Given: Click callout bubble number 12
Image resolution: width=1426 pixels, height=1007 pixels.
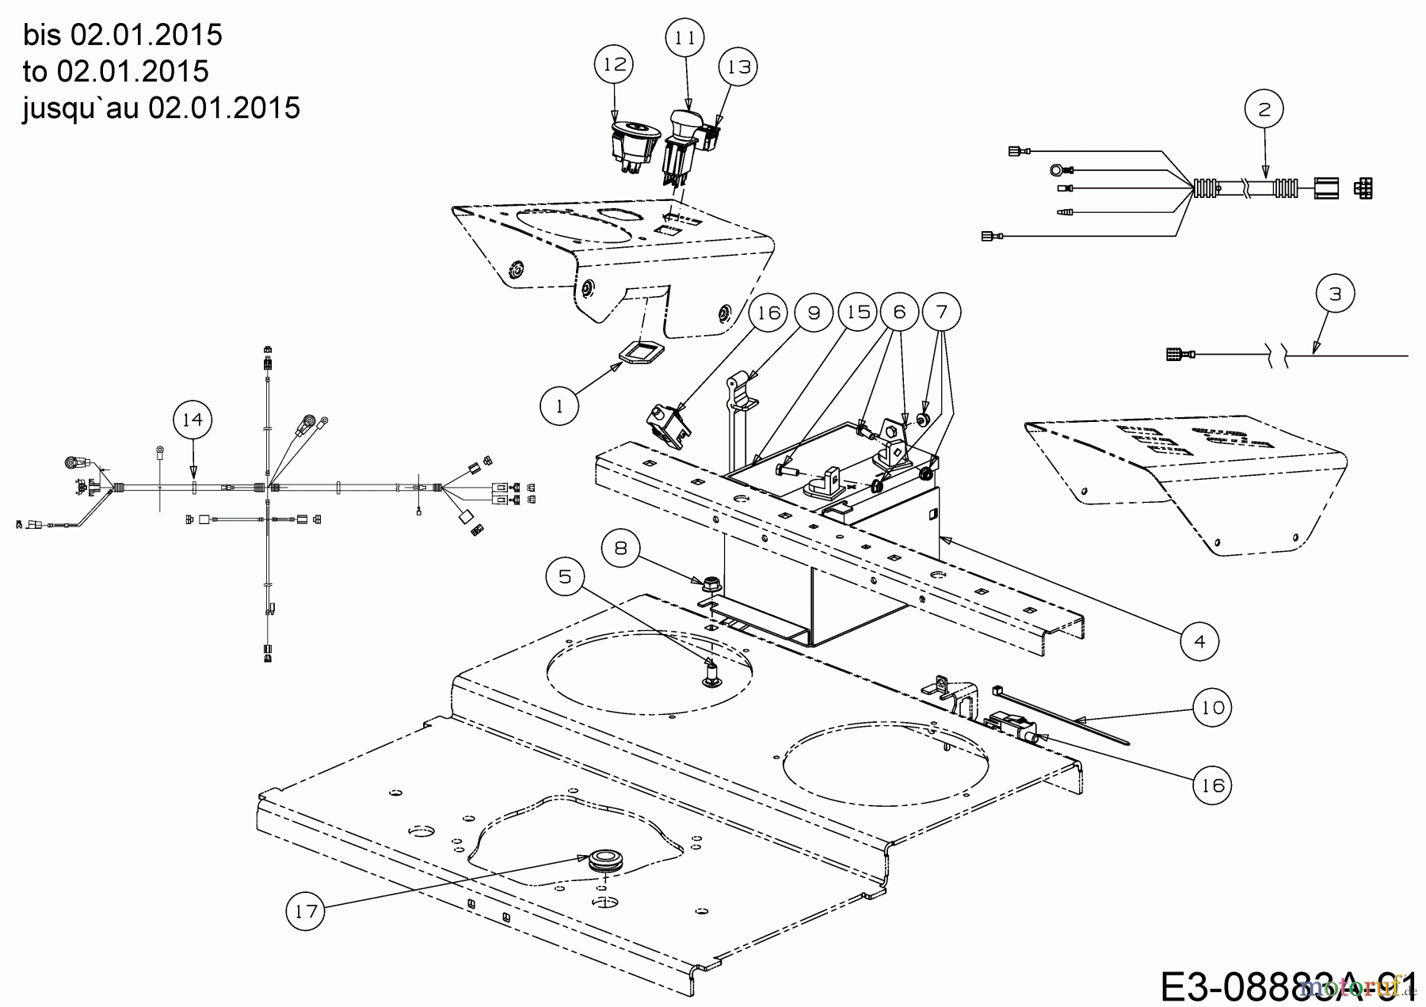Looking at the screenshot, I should (x=615, y=65).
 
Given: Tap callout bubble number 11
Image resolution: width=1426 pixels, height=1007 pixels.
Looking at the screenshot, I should (x=685, y=38).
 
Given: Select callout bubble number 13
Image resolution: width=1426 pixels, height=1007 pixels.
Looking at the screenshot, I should (x=738, y=67).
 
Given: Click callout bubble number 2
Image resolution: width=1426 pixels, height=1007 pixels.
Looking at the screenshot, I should (x=1264, y=110).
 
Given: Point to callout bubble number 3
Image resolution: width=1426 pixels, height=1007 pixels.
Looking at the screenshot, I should (x=1336, y=294).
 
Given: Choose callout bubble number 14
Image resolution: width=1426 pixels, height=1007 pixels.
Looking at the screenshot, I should (x=193, y=420).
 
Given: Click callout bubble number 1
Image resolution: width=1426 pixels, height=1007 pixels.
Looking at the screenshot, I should (x=559, y=406).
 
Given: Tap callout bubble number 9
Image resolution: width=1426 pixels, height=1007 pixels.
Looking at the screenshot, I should (x=814, y=313).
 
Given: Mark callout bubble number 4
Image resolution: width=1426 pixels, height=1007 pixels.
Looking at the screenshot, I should (x=1199, y=640).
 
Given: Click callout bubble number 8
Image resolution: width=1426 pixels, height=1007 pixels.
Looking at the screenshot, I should (x=621, y=549).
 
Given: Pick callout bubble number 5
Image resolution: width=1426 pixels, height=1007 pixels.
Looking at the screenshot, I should (x=565, y=576).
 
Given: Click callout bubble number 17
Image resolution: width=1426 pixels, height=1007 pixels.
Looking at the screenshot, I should (x=306, y=911).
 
